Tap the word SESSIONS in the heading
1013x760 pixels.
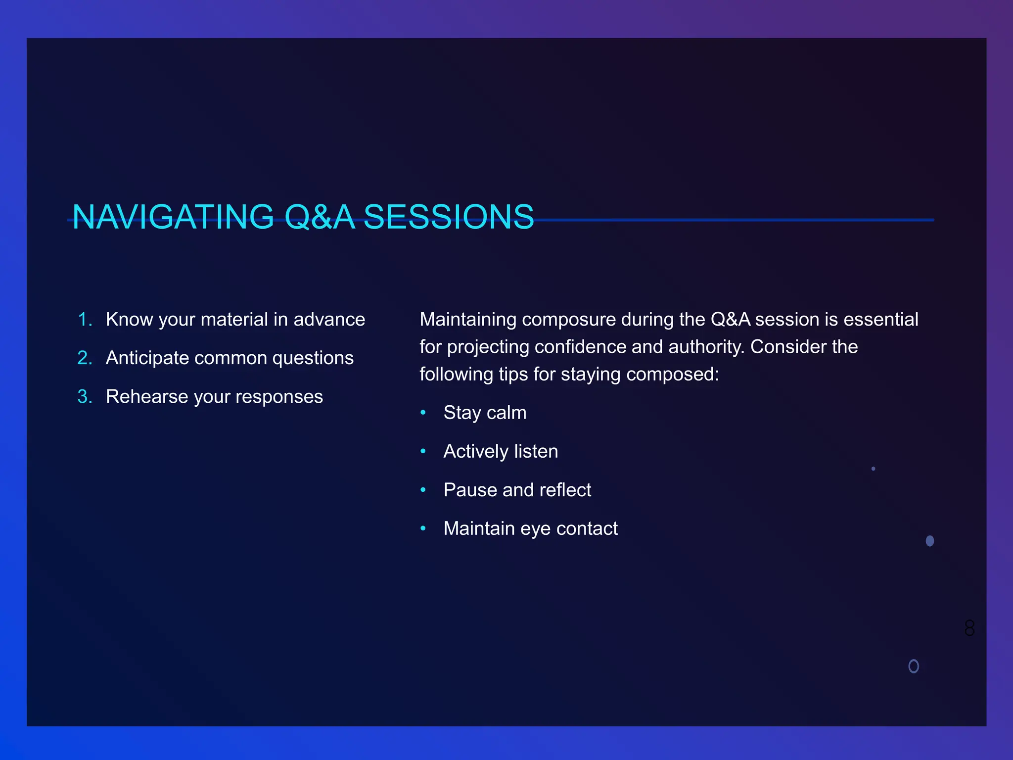pyautogui.click(x=449, y=217)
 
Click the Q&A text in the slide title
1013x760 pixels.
pyautogui.click(x=320, y=217)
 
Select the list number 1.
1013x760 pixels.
pyautogui.click(x=85, y=320)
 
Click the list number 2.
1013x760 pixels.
pyautogui.click(x=85, y=358)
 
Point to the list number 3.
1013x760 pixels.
pyautogui.click(x=85, y=397)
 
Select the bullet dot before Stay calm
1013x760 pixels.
pyautogui.click(x=423, y=413)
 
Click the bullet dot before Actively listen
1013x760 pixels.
pyautogui.click(x=423, y=451)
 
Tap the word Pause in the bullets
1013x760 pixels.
pyautogui.click(x=470, y=490)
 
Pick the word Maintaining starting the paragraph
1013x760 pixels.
pyautogui.click(x=468, y=320)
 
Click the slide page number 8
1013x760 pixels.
pyautogui.click(x=969, y=628)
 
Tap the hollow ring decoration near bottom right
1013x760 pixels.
pyautogui.click(x=914, y=666)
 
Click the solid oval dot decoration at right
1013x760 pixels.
pyautogui.click(x=930, y=541)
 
